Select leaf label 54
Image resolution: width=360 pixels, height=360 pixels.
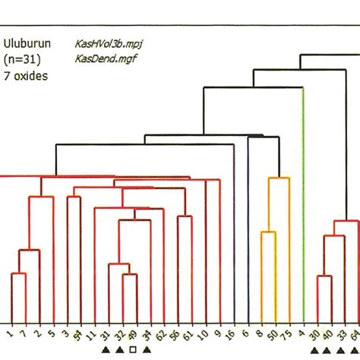point(78,334)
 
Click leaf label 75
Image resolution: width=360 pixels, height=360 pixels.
point(286,334)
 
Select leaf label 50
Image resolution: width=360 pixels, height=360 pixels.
point(273,334)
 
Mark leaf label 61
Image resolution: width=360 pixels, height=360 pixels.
point(190,334)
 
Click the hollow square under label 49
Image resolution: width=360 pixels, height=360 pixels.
point(134,350)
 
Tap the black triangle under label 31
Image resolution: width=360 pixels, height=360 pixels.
point(106,350)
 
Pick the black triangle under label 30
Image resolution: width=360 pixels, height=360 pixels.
point(314,350)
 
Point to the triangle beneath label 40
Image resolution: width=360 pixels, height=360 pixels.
point(328,350)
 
